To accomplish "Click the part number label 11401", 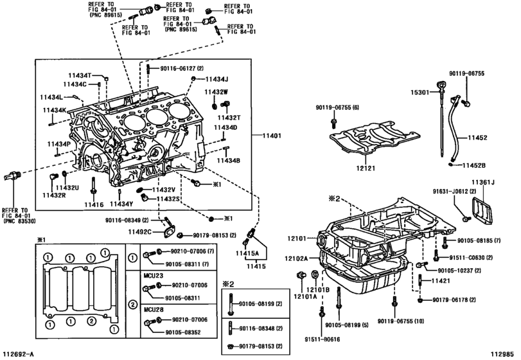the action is [x=272, y=136].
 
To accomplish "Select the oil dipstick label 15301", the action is [x=419, y=93].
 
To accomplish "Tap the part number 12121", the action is [x=366, y=168].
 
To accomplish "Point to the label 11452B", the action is [x=474, y=165].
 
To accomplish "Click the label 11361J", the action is [x=483, y=182].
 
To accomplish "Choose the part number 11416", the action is [x=94, y=205].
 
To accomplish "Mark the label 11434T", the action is [x=80, y=76].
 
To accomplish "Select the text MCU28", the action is [x=154, y=309].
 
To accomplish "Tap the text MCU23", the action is [x=154, y=276].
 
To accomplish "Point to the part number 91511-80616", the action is [x=322, y=339].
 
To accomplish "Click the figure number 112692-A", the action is [x=18, y=354].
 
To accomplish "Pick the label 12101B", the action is [x=317, y=289].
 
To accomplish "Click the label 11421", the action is [x=441, y=281].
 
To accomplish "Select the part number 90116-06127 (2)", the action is [x=182, y=69].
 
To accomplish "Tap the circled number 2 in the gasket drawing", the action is [x=91, y=321].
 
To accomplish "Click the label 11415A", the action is [x=247, y=253].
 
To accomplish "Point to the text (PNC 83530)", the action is [x=20, y=221].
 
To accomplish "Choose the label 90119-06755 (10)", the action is [x=401, y=321].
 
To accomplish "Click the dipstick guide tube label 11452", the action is [x=477, y=138].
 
